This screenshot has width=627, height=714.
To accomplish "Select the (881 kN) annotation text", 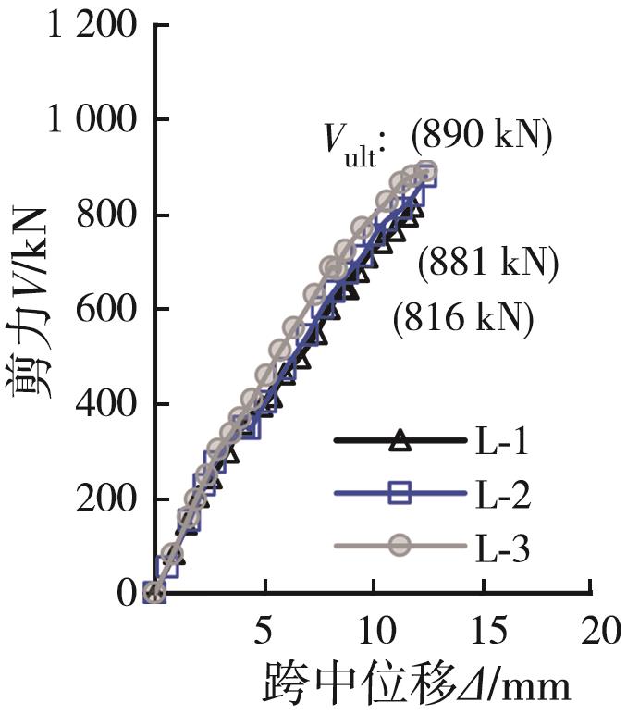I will coord(488,266).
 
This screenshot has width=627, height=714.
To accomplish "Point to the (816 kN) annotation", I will coord(463,319).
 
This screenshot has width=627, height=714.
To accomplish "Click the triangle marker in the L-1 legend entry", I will coord(399,441).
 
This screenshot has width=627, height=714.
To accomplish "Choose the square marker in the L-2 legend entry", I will coord(399,494).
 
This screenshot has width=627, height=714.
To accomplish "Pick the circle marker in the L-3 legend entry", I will coord(399,547).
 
